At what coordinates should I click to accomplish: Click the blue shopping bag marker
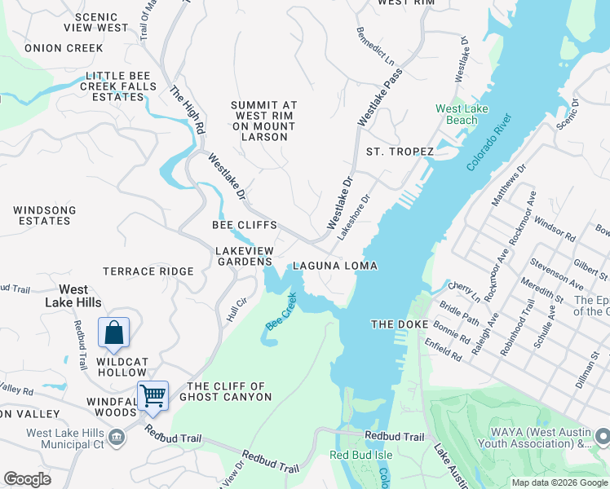pos(113,333)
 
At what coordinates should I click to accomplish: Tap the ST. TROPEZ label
pos(400,152)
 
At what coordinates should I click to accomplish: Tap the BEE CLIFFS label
pos(245,225)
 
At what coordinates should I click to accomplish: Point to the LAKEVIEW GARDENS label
pos(244,256)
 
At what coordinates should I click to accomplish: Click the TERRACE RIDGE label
pos(148,271)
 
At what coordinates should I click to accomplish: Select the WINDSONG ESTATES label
pos(45,216)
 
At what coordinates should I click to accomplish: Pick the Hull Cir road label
pos(236,309)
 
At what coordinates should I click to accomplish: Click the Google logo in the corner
pos(28,479)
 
